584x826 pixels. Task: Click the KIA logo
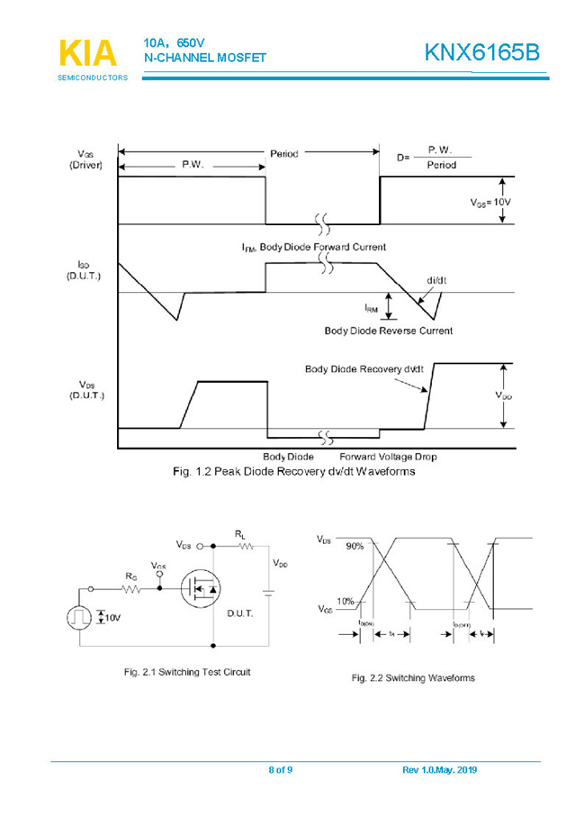click(87, 53)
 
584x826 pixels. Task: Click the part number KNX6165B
click(481, 53)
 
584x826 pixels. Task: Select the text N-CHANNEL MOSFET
click(205, 58)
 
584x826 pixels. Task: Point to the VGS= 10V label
click(490, 203)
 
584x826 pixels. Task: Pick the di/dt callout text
click(436, 280)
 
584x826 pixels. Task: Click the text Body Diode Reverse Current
click(388, 331)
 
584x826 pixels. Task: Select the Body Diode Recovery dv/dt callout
click(364, 369)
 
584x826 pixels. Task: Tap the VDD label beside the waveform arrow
click(505, 395)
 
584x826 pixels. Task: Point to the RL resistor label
click(240, 534)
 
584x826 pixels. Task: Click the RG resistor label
click(130, 576)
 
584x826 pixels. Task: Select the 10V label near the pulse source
click(111, 617)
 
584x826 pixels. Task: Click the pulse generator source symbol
click(79, 617)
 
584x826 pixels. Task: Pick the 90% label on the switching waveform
click(355, 546)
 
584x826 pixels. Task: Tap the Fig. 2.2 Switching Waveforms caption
click(412, 677)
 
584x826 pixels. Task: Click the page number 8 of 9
click(281, 769)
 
